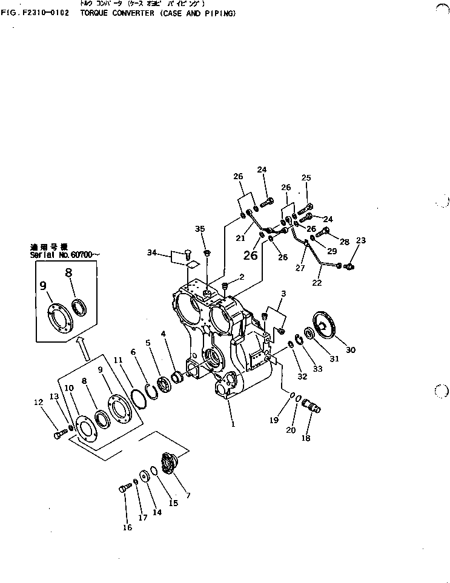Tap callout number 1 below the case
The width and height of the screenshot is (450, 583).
point(232,424)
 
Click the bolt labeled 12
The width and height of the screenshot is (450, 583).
point(59,434)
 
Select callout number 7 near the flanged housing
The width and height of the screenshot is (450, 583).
point(188,495)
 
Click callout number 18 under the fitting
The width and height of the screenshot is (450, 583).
point(306,438)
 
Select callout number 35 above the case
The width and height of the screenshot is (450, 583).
point(200,228)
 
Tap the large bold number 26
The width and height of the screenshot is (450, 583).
point(250,255)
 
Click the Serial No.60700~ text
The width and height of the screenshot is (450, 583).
point(62,255)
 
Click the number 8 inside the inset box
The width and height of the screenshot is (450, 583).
point(68,272)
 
